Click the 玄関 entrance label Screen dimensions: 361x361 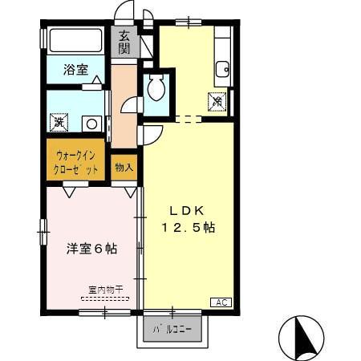pos(124,42)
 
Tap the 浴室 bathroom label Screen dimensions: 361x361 pos(75,70)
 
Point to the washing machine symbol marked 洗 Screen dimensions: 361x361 pos(59,124)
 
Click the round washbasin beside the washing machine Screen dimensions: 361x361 pos(91,124)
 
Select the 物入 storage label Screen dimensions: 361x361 pos(124,168)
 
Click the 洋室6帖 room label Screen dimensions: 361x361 pos(91,249)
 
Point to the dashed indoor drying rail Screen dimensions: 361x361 pos(104,298)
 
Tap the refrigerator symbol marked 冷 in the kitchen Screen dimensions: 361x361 pos(217,101)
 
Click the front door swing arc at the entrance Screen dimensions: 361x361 pos(124,12)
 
